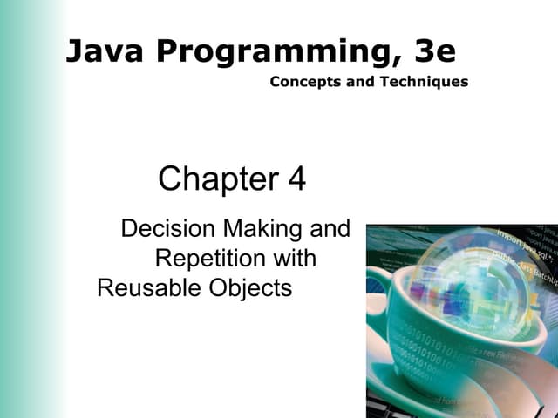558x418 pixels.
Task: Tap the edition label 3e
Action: coord(435,51)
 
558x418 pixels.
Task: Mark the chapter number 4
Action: coord(296,179)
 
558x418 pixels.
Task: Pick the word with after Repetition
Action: coord(295,259)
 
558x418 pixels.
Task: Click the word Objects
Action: coord(250,288)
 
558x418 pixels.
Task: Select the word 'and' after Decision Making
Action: coord(332,229)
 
